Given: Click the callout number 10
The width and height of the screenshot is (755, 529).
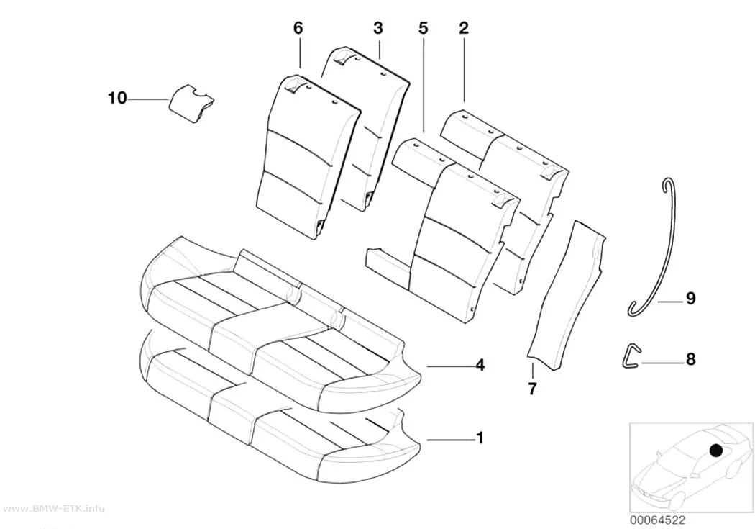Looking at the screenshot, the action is pyautogui.click(x=117, y=99).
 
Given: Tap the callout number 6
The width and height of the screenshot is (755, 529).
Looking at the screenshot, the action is pyautogui.click(x=298, y=28).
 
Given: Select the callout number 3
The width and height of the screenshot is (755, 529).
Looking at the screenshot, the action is pyautogui.click(x=378, y=28).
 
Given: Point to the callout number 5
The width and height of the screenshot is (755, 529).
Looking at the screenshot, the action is pyautogui.click(x=423, y=28).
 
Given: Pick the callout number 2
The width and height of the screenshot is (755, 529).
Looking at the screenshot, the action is pyautogui.click(x=463, y=28).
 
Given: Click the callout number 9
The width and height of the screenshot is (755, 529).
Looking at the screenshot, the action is pyautogui.click(x=690, y=299).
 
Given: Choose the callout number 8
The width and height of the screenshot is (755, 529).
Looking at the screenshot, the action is pyautogui.click(x=690, y=359).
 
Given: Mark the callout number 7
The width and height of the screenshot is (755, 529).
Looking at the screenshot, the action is pyautogui.click(x=532, y=389).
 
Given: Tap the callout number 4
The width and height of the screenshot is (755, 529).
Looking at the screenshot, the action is pyautogui.click(x=480, y=365).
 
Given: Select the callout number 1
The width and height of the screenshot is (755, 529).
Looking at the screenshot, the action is pyautogui.click(x=480, y=438).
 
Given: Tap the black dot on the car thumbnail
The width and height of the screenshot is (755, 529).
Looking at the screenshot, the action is pyautogui.click(x=716, y=451).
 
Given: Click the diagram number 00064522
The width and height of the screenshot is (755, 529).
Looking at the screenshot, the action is pyautogui.click(x=658, y=520).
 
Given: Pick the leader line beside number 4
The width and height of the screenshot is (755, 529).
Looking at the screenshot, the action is pyautogui.click(x=448, y=366).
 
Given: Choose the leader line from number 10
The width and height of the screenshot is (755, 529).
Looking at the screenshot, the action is pyautogui.click(x=149, y=99).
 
